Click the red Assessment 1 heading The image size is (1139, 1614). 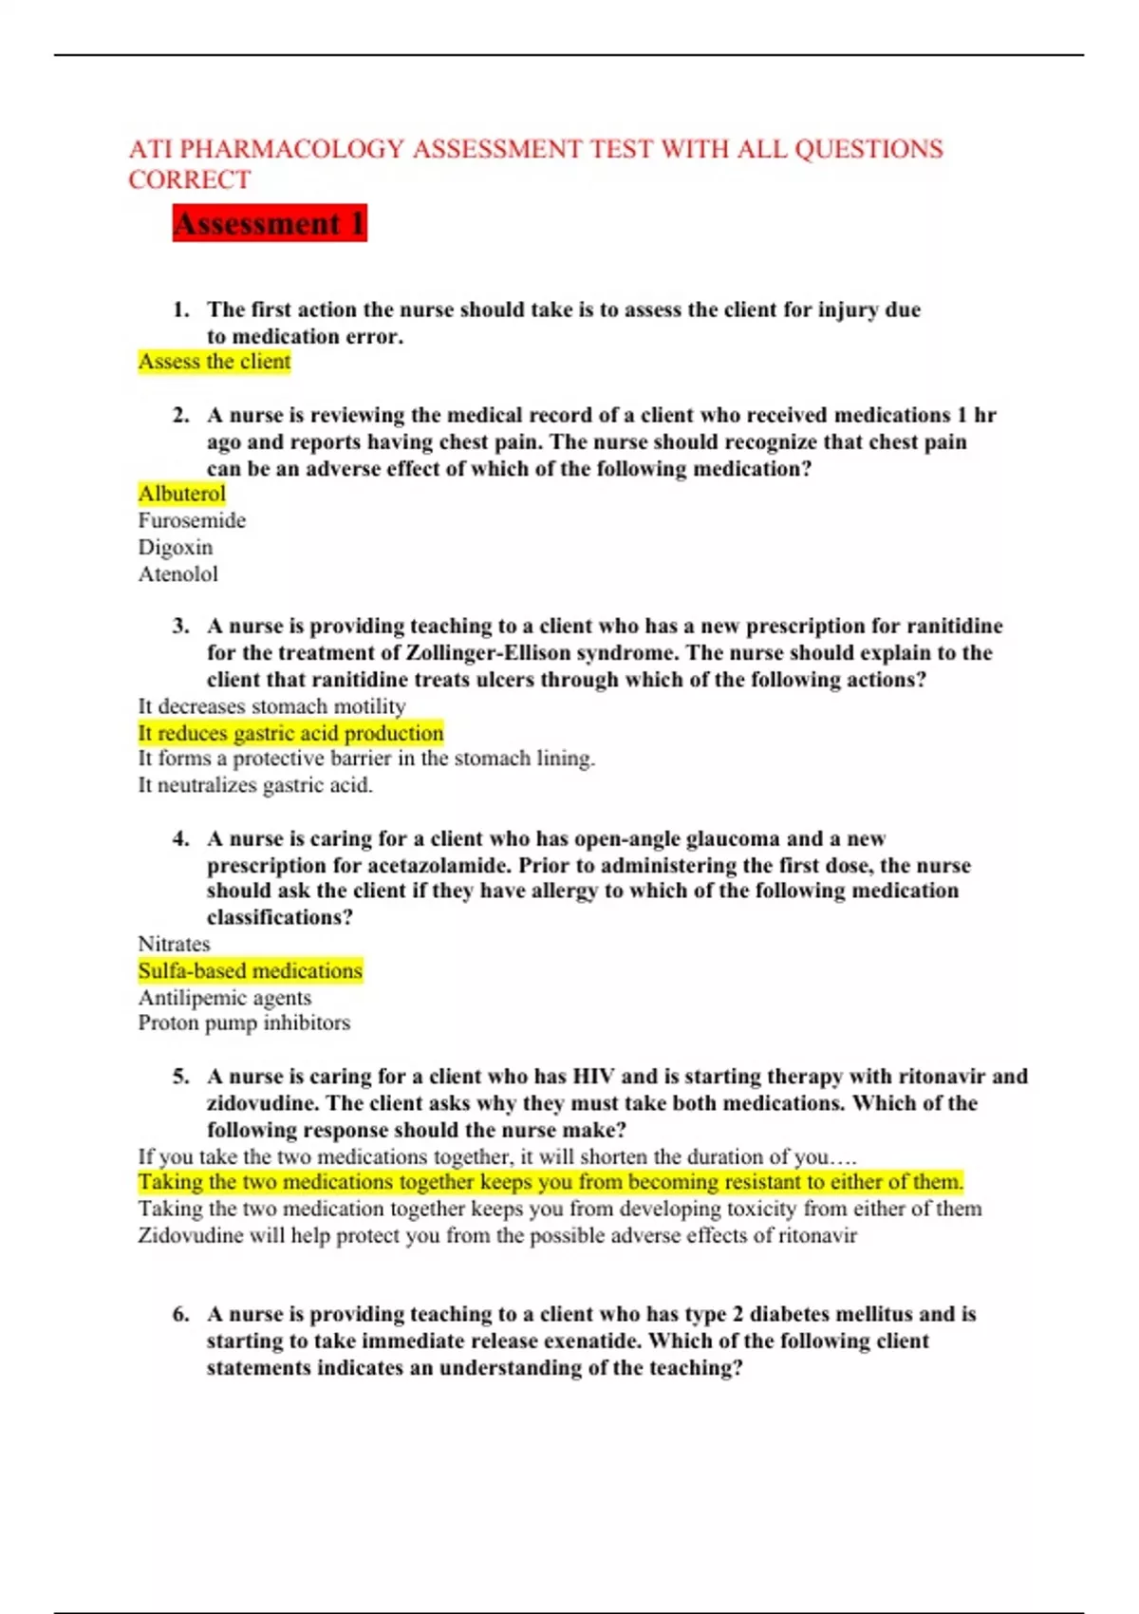click(x=270, y=224)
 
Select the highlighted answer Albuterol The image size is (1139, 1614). click(x=182, y=494)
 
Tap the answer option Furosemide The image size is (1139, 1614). click(x=192, y=520)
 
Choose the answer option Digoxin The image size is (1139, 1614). click(x=176, y=547)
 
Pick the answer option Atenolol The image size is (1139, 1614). click(x=178, y=573)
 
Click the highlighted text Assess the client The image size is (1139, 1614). click(x=215, y=362)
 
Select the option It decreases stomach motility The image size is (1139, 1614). click(x=271, y=706)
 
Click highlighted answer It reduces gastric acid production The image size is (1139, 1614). click(x=290, y=733)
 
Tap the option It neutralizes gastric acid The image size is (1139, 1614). click(x=255, y=785)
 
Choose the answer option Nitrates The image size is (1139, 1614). click(x=175, y=944)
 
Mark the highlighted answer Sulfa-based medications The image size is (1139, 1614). click(x=251, y=970)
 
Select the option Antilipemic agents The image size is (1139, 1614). click(x=225, y=997)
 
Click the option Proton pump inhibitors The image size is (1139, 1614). click(x=244, y=1023)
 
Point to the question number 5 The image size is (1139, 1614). click(x=180, y=1077)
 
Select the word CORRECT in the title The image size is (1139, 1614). click(x=190, y=179)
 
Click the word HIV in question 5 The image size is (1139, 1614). click(x=592, y=1077)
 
